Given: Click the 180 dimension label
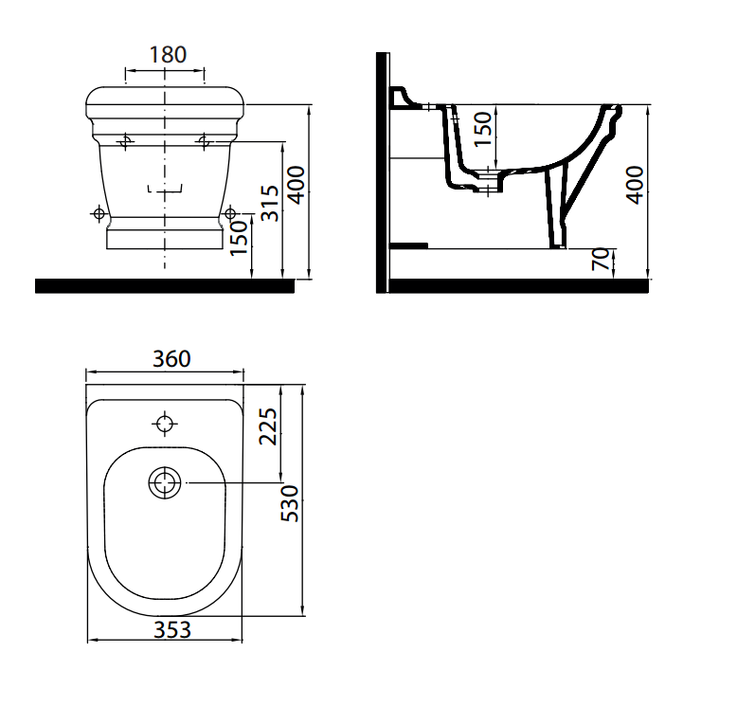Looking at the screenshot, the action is pyautogui.click(x=168, y=55).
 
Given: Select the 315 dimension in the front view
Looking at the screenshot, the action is pyautogui.click(x=270, y=203).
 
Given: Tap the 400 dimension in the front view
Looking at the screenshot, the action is pyautogui.click(x=297, y=185).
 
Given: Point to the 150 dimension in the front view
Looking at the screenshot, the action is pyautogui.click(x=239, y=238).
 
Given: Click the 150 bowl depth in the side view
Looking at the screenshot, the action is pyautogui.click(x=483, y=129).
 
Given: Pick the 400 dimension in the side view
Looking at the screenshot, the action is pyautogui.click(x=635, y=185).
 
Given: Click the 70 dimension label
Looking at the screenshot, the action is pyautogui.click(x=601, y=259).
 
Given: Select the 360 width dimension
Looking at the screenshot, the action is pyautogui.click(x=171, y=359).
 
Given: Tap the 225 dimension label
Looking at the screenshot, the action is pyautogui.click(x=268, y=426).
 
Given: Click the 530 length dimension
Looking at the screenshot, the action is pyautogui.click(x=290, y=503).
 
